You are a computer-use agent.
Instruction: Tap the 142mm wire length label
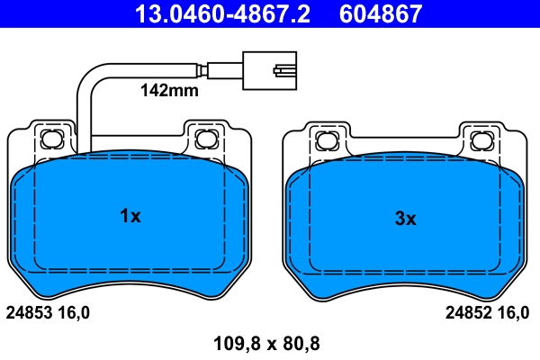coord(168,90)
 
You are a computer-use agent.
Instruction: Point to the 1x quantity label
coord(130,216)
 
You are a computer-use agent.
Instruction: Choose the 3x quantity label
coord(406,219)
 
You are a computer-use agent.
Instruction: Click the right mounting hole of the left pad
coord(204,139)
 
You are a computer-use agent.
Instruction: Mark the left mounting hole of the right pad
coord(326,139)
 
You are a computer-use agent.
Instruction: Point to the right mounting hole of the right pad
coord(481,139)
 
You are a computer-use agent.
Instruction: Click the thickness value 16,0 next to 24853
coord(74,313)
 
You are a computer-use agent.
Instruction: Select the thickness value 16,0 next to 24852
coord(514,313)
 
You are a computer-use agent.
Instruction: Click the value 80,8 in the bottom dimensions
coord(302,343)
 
